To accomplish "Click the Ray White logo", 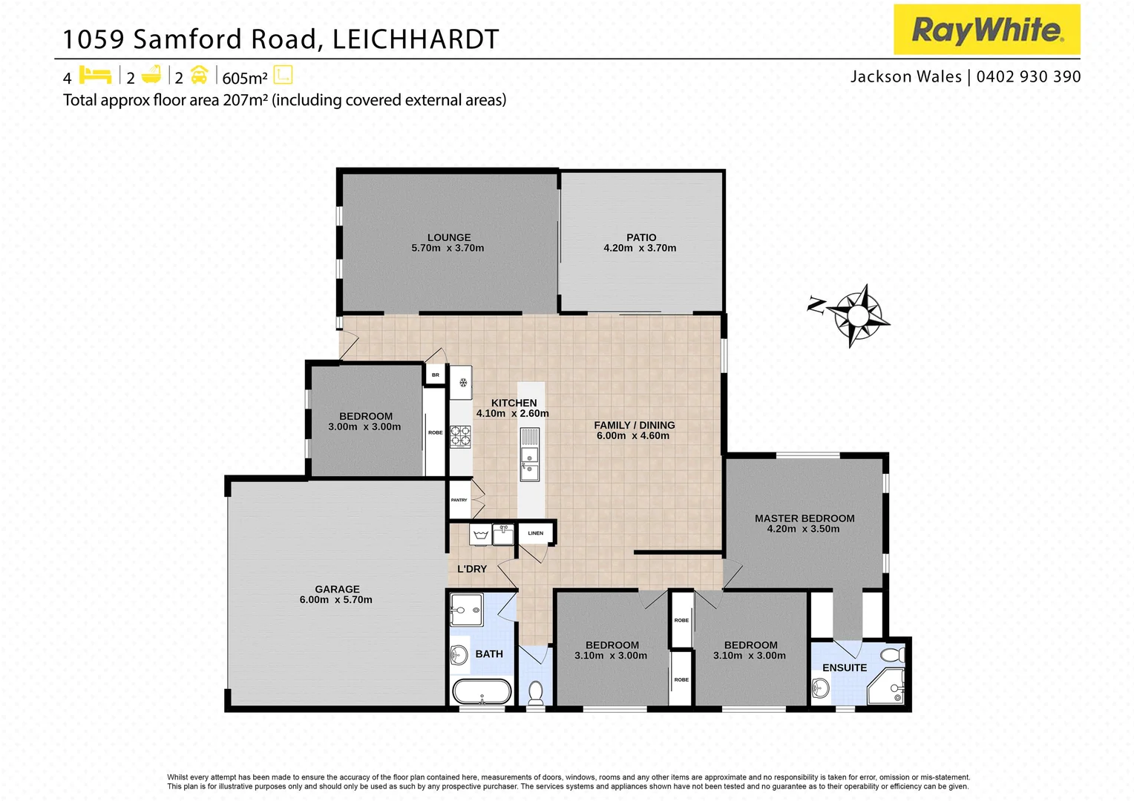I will coord(986,30).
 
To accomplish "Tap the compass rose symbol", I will coord(858,315).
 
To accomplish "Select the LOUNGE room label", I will coord(448,237).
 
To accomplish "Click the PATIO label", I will coord(641,237).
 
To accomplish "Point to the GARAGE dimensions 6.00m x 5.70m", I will coord(336,600).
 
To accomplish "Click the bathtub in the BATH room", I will coord(482,692).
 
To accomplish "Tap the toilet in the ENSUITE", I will coord(894,655).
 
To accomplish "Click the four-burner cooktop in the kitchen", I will coord(460,436).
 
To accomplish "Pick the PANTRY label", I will coord(459,500).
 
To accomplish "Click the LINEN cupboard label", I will coord(536,533).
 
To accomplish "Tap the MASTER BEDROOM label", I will coord(804,518).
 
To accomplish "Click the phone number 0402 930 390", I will coord(1029,76).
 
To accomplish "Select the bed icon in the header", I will coord(95,75).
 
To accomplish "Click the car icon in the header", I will coord(199,75).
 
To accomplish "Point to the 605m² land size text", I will coord(245,78).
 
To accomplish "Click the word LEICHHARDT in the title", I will coord(416,39).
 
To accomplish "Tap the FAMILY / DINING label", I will coord(635,425).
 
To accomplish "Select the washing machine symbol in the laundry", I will coord(479,534).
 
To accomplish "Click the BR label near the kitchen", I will coord(436,375).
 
